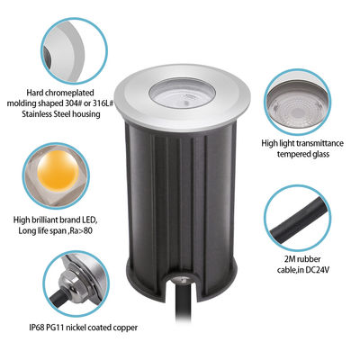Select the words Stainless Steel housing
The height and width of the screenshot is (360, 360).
tap(67, 115)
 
